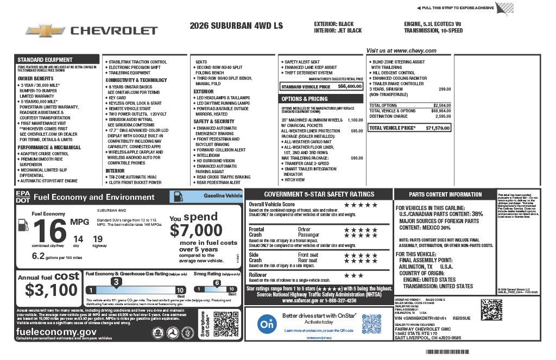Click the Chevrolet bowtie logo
click(45, 30)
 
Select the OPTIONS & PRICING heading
click(304, 99)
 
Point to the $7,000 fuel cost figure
click(196, 230)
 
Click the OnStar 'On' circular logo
click(265, 324)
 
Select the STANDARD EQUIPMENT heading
click(45, 60)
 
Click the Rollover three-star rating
click(353, 275)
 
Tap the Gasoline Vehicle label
click(223, 195)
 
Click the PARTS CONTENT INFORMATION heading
click(445, 194)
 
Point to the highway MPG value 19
click(98, 238)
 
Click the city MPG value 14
click(78, 238)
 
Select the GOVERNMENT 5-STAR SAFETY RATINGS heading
click(319, 194)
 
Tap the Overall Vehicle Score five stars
click(361, 205)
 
